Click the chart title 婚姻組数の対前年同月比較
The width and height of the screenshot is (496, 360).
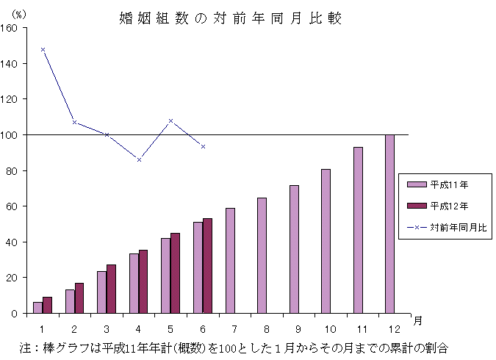tap(229, 18)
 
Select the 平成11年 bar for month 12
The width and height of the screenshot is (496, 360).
tap(389, 223)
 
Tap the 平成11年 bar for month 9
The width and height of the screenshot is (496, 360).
tap(294, 249)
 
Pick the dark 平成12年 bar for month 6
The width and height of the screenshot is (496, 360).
tap(207, 265)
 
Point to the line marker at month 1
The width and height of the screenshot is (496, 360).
tap(43, 49)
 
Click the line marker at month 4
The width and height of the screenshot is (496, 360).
tap(139, 159)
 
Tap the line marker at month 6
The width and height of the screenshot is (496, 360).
tap(203, 146)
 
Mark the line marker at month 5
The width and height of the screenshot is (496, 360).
tap(170, 120)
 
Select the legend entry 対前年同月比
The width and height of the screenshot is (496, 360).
tap(448, 228)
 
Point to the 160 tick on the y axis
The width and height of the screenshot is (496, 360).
tap(12, 28)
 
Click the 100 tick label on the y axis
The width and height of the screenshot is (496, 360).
tap(12, 135)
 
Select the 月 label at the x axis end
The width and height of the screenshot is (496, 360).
tap(417, 321)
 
